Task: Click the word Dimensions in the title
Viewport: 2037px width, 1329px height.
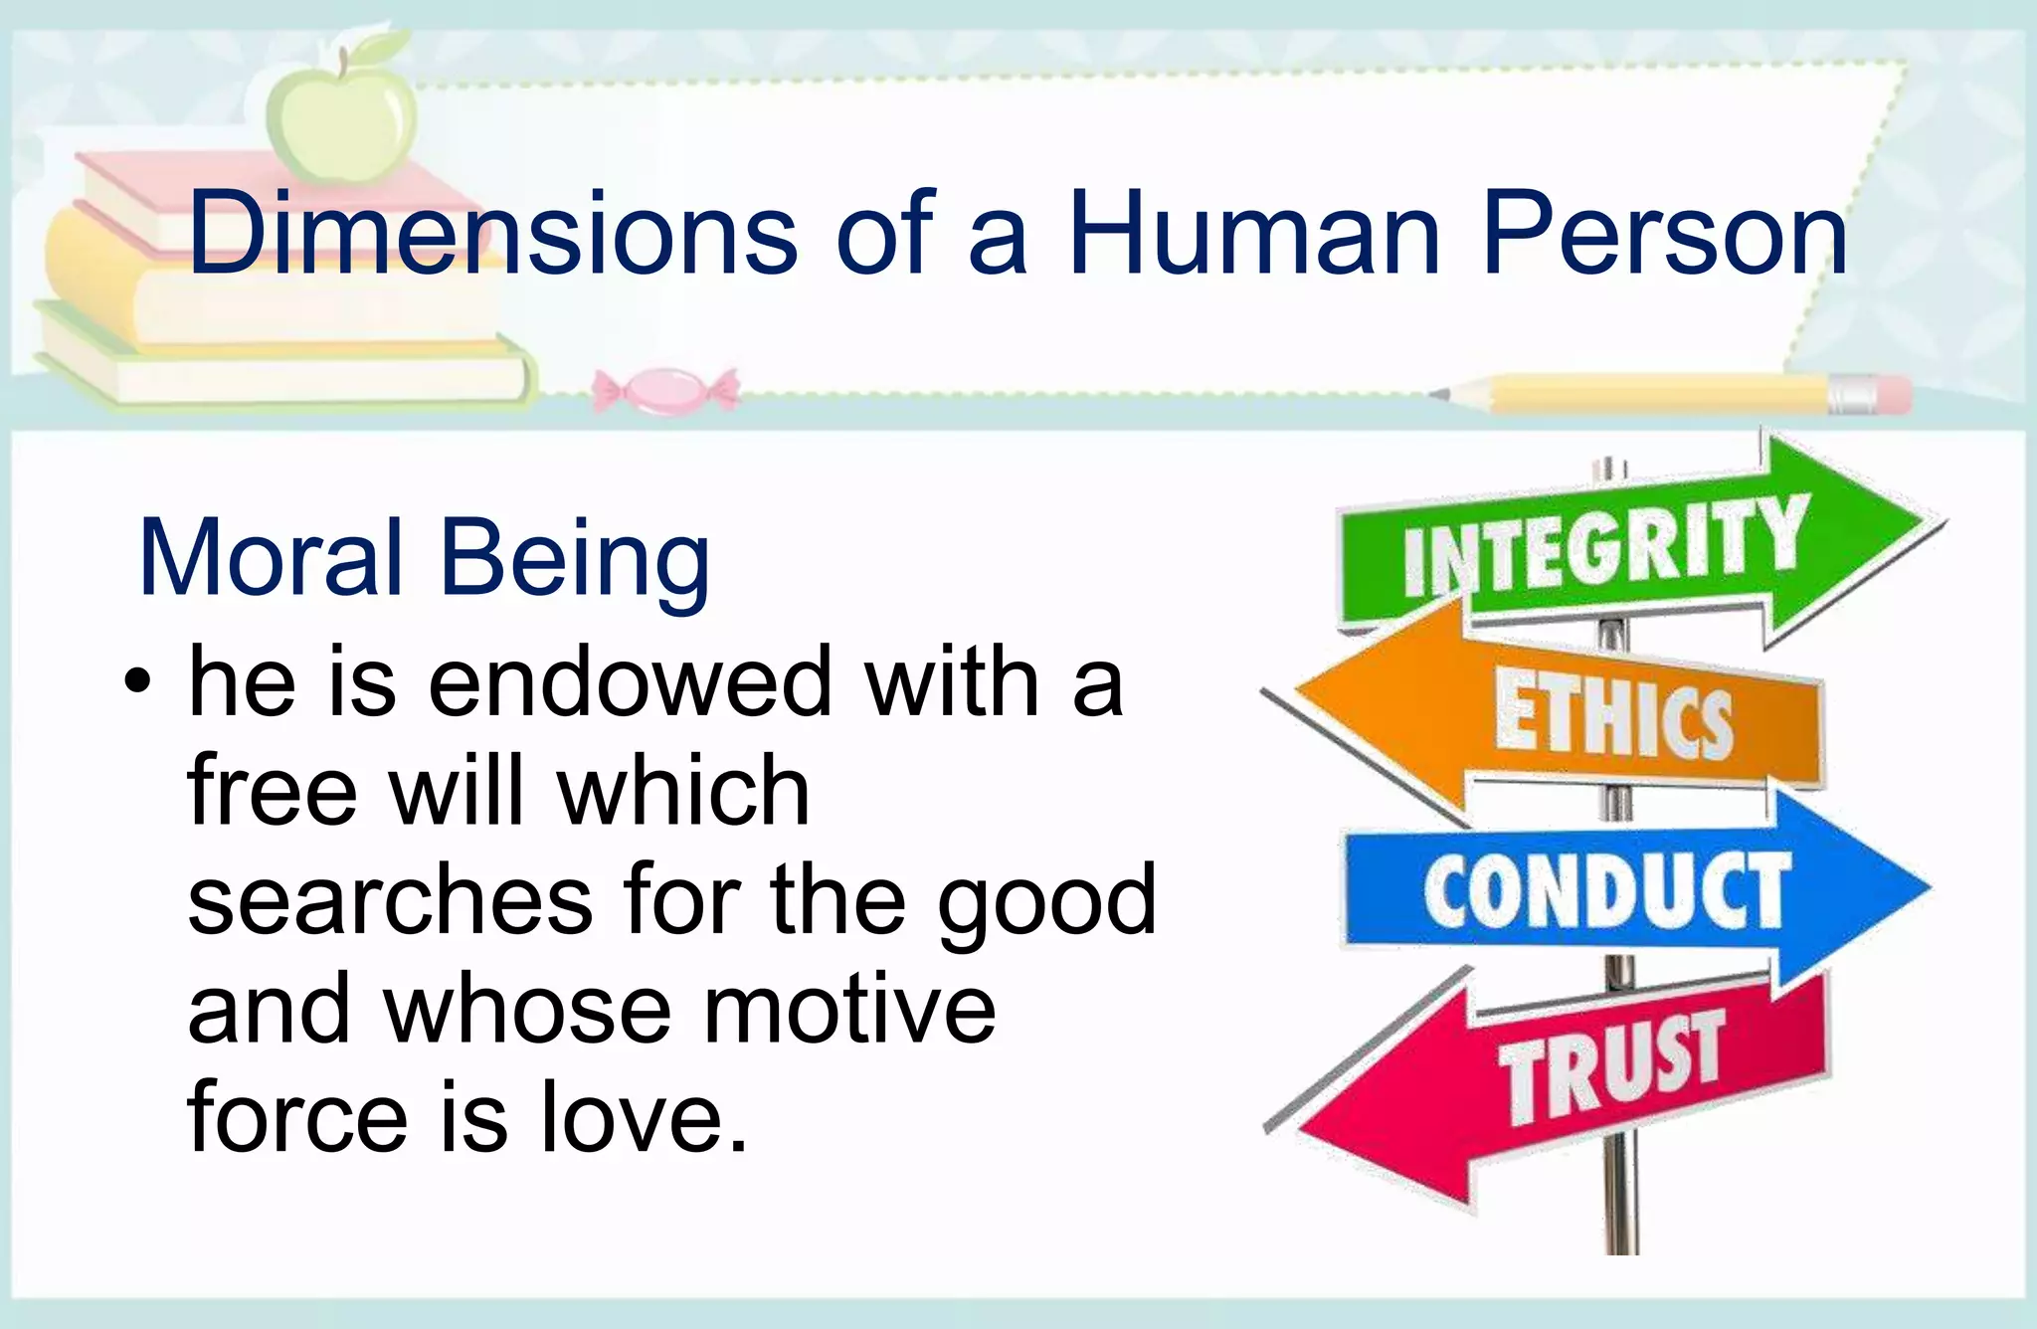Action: (492, 234)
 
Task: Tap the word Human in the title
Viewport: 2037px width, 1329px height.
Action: (1255, 234)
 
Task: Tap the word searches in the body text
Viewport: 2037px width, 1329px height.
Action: (390, 901)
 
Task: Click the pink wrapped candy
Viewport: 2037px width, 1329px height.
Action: (665, 389)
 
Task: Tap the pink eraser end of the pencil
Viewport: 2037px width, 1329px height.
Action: (1891, 394)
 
